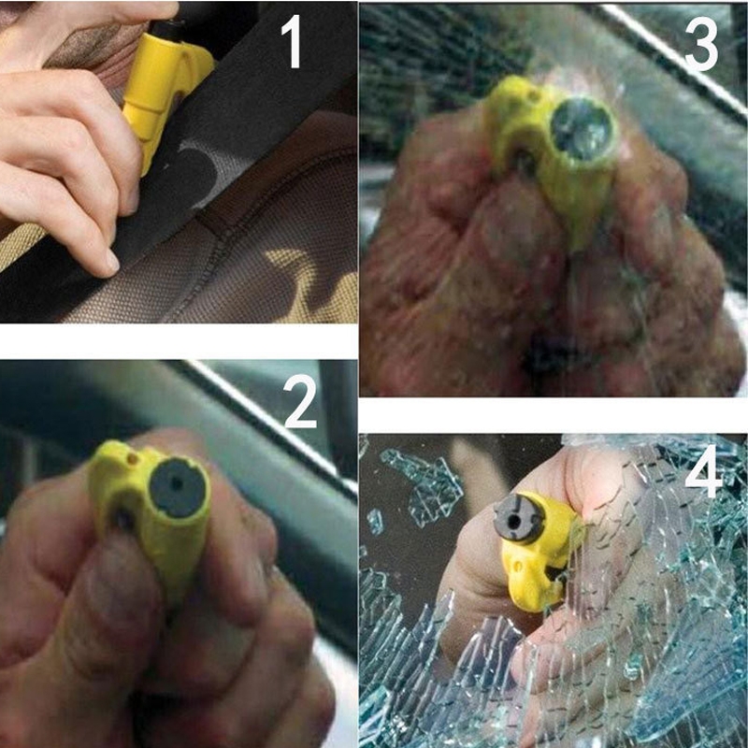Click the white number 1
pos(292,41)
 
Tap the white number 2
pos(300,401)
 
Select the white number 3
pos(701,44)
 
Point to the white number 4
pos(703,471)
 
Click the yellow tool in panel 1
pos(162,91)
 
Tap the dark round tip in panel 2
pos(178,487)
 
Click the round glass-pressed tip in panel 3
pos(582,128)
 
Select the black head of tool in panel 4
pos(518,519)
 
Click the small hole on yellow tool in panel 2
pos(132,459)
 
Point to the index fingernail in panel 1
pos(112,262)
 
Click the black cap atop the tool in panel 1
pos(168,30)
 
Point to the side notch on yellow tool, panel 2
pos(122,519)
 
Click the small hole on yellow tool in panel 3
pos(533,95)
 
